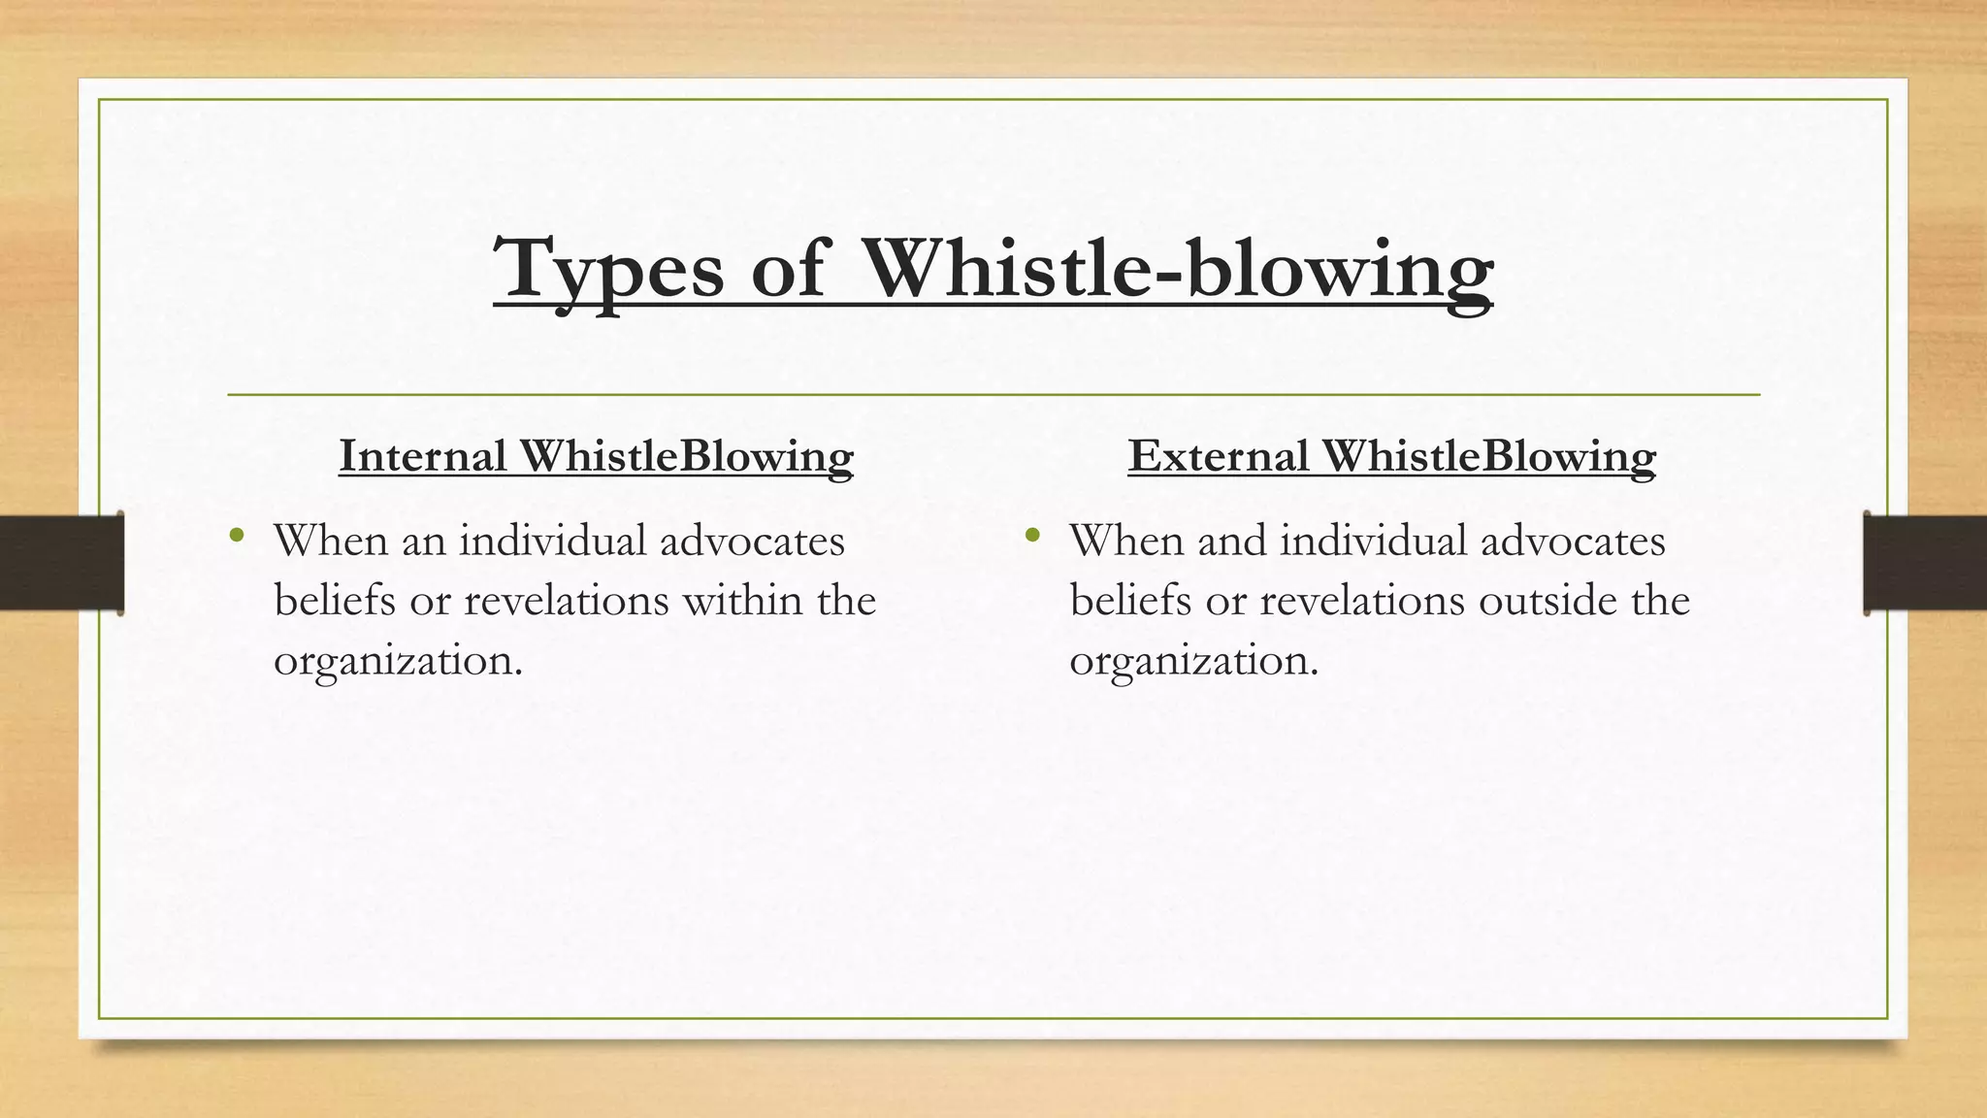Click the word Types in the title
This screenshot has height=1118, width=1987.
pos(608,270)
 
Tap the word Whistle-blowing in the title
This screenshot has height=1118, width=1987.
pos(1178,270)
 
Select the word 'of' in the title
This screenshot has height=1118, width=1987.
pos(788,270)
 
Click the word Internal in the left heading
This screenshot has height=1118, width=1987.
pos(423,456)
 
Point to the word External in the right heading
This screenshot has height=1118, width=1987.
pos(1218,456)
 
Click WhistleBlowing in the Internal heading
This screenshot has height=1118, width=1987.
pos(686,456)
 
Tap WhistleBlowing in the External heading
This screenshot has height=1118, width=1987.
pos(1488,456)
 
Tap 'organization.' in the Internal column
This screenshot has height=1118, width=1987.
pos(398,661)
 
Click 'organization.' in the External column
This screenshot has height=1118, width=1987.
pos(1194,661)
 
